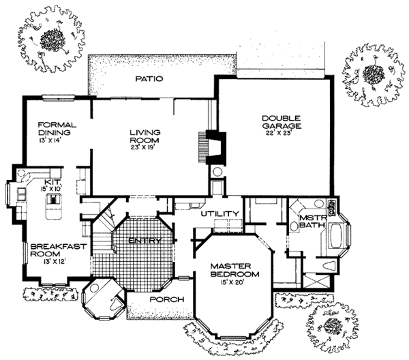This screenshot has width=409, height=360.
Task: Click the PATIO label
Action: point(149,78)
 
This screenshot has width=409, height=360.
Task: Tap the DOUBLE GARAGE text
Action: point(282,122)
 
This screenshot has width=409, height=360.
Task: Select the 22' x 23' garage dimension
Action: point(278,133)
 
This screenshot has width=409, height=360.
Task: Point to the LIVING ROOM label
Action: point(145,136)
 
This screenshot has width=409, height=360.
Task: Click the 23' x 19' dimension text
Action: point(143,147)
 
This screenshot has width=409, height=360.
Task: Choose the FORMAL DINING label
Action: point(57,128)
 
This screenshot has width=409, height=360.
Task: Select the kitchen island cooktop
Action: point(53,200)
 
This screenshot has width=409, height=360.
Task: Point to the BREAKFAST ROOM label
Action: point(58,250)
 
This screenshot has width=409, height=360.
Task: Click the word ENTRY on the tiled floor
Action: point(145,240)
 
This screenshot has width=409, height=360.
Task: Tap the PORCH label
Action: point(167,299)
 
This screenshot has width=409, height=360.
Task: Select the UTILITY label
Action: point(219,213)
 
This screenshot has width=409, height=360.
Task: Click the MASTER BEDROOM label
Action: point(234,270)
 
